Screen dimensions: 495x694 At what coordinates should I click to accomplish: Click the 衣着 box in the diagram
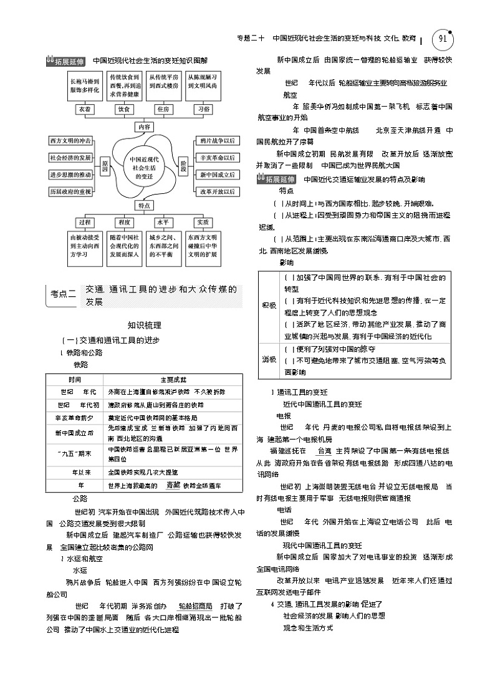coord(85,108)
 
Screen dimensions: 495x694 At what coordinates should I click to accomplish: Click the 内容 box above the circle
coord(144,127)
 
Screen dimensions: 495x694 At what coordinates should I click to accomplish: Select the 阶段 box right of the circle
coord(183,165)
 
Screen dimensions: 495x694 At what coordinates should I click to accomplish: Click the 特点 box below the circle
coord(144,205)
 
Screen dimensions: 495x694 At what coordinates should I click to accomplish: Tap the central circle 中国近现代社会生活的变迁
coord(144,165)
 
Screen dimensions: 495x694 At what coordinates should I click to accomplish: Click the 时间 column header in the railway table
coord(75,379)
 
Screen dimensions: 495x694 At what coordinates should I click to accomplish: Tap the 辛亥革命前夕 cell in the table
coord(75,418)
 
